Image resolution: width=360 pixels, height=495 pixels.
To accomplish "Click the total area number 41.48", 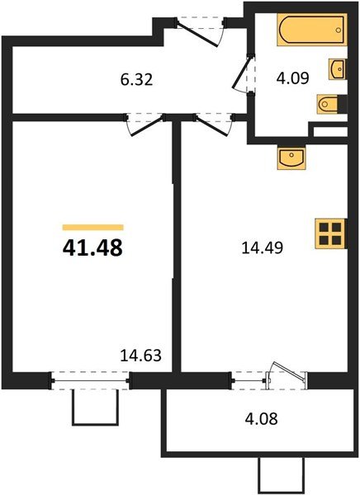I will tap(92, 247).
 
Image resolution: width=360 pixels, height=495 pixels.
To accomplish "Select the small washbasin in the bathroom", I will tap(338, 68).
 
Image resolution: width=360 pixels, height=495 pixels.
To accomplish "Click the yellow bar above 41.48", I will tap(92, 226).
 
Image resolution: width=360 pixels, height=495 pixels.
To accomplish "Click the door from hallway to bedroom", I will tap(143, 124).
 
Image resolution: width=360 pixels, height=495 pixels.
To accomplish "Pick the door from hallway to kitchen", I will tap(210, 124).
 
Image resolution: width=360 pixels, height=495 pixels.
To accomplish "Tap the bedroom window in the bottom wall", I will tap(91, 380).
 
